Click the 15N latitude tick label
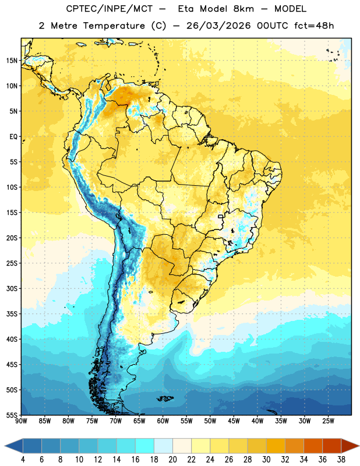12,61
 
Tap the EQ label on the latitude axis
13,137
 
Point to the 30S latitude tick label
12,288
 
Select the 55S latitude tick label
12,415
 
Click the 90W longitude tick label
21,421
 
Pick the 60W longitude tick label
163,421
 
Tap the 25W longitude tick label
328,421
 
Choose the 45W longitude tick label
234,421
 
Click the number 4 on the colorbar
23,460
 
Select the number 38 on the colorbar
341,460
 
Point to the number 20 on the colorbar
172,460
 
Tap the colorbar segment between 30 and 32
276,446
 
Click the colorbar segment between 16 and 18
145,446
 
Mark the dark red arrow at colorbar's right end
350,446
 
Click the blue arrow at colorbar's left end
13,446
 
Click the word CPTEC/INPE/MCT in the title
110,9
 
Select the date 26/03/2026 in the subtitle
218,26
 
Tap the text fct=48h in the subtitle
314,26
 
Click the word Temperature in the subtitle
114,26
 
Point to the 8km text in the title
243,9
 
